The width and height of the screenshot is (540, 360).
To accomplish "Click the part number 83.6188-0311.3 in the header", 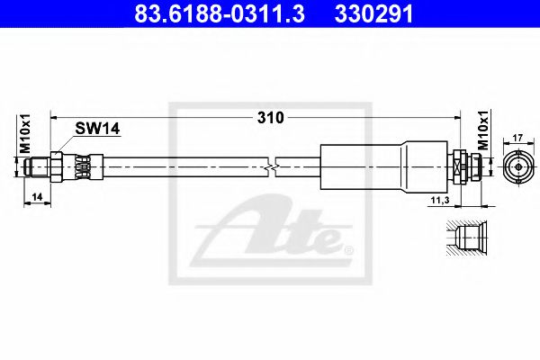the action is (x=220, y=13).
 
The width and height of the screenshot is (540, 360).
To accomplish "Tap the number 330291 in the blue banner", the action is (x=373, y=13).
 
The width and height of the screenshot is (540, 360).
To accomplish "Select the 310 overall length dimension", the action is (x=271, y=118).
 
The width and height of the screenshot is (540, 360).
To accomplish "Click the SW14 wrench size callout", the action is (x=97, y=129).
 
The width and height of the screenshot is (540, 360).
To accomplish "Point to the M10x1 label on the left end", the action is (x=25, y=134).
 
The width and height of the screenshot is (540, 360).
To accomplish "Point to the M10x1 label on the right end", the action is (x=484, y=130).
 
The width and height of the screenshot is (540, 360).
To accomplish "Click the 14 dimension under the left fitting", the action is (x=37, y=197).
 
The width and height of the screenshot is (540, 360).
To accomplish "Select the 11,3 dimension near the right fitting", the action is (x=440, y=200).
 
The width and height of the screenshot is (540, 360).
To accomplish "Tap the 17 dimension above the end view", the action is (x=518, y=138).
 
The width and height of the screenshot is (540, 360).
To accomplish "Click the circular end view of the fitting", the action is (x=518, y=167).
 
